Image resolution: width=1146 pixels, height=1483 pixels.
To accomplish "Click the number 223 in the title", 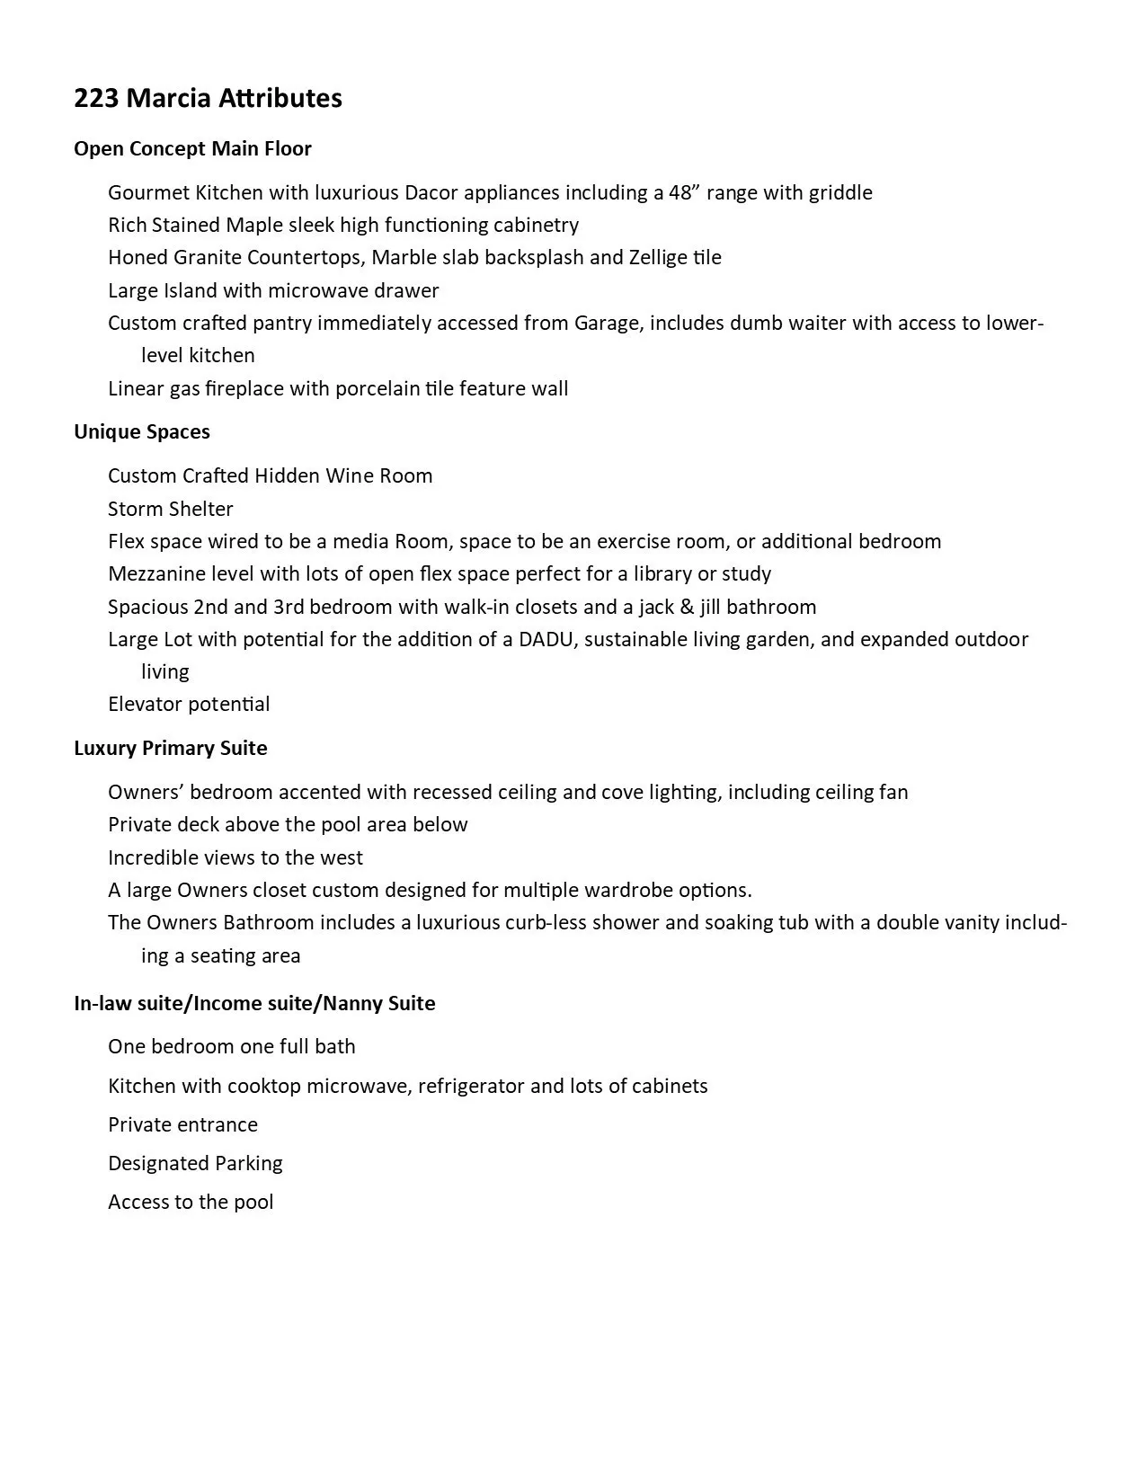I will tap(96, 98).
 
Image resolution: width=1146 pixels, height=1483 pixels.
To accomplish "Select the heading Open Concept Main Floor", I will tap(192, 149).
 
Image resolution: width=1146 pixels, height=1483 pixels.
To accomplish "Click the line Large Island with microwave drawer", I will tap(273, 291).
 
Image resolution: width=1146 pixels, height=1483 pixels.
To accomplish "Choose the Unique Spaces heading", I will tap(142, 432).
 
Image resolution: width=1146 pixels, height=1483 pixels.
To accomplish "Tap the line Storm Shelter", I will tap(170, 510).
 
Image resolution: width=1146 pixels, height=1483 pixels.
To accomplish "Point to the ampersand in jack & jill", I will tap(687, 608).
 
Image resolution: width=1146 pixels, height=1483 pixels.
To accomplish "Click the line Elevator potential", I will tap(189, 705).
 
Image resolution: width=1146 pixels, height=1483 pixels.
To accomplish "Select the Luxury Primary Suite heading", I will tap(171, 749).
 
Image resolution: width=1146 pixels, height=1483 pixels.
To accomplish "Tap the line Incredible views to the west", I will tap(235, 858).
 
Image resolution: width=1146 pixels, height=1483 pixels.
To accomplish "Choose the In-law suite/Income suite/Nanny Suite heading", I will tap(254, 1004).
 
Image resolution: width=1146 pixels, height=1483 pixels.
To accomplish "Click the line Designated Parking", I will tap(195, 1164).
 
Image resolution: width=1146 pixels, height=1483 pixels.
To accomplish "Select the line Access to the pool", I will tap(191, 1203).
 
